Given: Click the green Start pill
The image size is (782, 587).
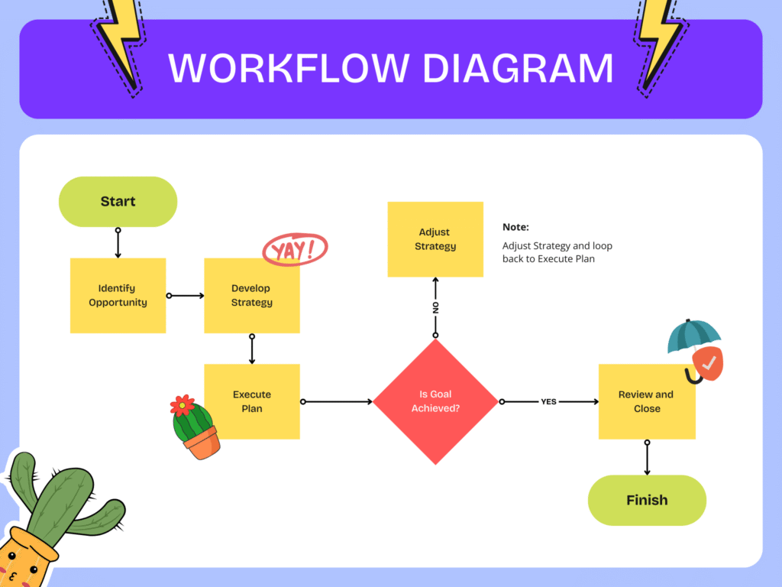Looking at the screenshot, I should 118,202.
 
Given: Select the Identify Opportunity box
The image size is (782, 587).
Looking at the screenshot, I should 118,295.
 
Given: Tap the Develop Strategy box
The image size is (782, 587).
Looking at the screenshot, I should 251,295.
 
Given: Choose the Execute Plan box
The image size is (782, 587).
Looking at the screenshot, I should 251,401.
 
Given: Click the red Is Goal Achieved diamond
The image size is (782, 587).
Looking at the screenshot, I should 435,401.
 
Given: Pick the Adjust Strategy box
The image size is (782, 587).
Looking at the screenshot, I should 435,239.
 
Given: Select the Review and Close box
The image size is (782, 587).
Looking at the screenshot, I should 646,402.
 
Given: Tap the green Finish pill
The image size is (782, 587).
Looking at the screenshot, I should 647,501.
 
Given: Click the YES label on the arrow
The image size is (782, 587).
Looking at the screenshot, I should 548,401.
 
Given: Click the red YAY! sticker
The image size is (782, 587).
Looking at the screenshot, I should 295,250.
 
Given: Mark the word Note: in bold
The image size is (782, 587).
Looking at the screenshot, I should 515,227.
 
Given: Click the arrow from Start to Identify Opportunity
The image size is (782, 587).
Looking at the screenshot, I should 118,243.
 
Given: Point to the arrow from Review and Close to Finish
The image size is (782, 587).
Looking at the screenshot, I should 647,459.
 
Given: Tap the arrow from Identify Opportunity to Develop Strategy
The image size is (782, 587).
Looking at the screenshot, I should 185,295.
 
